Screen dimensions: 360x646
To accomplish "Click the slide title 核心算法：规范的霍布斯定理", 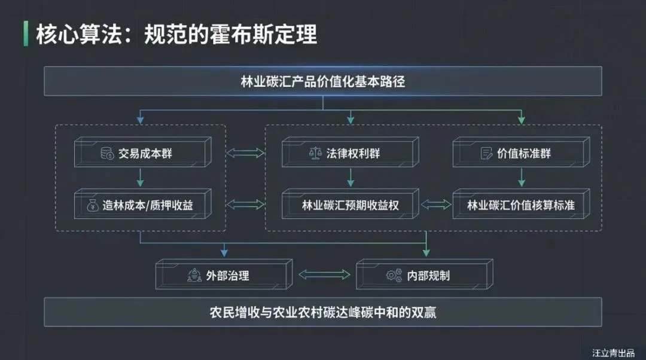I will point(176,34).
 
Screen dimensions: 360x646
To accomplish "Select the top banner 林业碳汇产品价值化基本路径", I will point(322,81).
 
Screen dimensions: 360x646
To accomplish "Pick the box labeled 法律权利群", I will point(349,153).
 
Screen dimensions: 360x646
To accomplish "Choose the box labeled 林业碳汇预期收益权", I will point(349,205).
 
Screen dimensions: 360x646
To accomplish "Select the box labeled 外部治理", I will point(222,275).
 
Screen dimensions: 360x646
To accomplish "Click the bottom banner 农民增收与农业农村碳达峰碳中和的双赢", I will point(322,312).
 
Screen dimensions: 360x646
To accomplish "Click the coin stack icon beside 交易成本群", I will point(108,154).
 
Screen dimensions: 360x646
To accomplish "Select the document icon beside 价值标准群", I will point(487,154).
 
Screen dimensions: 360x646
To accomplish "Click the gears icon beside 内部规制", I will point(394,276).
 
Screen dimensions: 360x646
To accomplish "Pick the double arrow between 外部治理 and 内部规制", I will point(324,275).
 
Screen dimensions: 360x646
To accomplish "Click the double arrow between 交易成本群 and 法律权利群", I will point(246,154).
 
